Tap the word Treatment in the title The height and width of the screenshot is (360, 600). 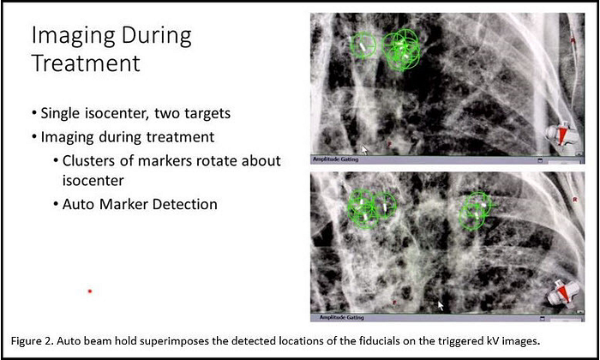tap(86, 63)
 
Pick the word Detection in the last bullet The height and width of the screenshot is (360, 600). tap(185, 204)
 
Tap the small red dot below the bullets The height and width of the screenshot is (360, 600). tap(90, 291)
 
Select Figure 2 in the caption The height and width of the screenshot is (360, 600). tap(32, 341)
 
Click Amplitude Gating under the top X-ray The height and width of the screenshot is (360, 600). tap(336, 159)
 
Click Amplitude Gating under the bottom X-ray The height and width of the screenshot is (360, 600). tap(342, 317)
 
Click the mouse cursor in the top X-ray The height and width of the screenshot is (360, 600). tap(364, 149)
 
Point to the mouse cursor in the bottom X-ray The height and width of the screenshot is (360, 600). tap(441, 306)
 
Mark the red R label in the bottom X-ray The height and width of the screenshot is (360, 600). tap(575, 200)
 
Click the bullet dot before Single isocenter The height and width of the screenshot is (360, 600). tap(34, 114)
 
